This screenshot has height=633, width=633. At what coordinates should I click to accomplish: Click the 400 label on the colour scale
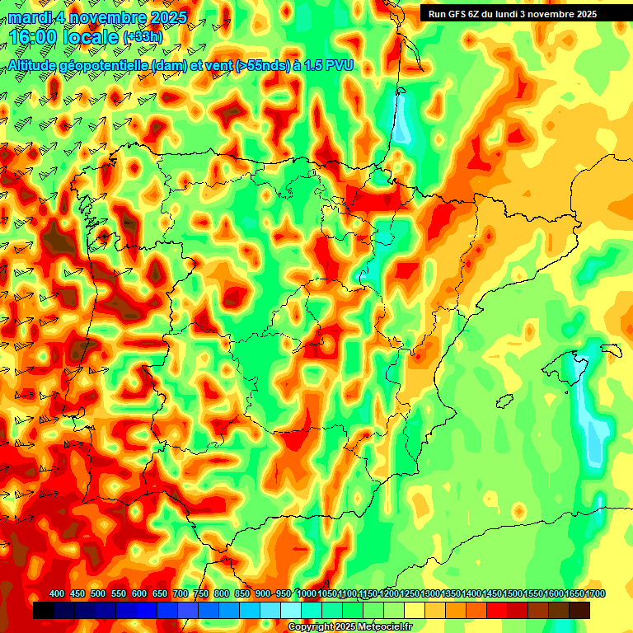click(57, 594)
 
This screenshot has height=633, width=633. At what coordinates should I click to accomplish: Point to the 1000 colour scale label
click(306, 594)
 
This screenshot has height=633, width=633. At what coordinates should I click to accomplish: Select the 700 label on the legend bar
click(181, 594)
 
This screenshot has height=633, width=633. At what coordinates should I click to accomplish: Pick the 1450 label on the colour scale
click(492, 594)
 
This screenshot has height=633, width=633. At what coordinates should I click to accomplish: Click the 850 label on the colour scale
click(242, 594)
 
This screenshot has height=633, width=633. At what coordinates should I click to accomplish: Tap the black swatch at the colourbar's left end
click(44, 611)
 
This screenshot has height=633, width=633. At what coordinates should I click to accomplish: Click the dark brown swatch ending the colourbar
click(579, 611)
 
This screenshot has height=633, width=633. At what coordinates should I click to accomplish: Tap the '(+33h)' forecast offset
click(143, 37)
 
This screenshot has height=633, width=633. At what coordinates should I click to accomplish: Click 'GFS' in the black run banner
click(459, 14)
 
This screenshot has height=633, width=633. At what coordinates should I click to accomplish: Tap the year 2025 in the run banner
click(586, 14)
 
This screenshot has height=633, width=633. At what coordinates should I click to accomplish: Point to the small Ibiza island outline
click(504, 402)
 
